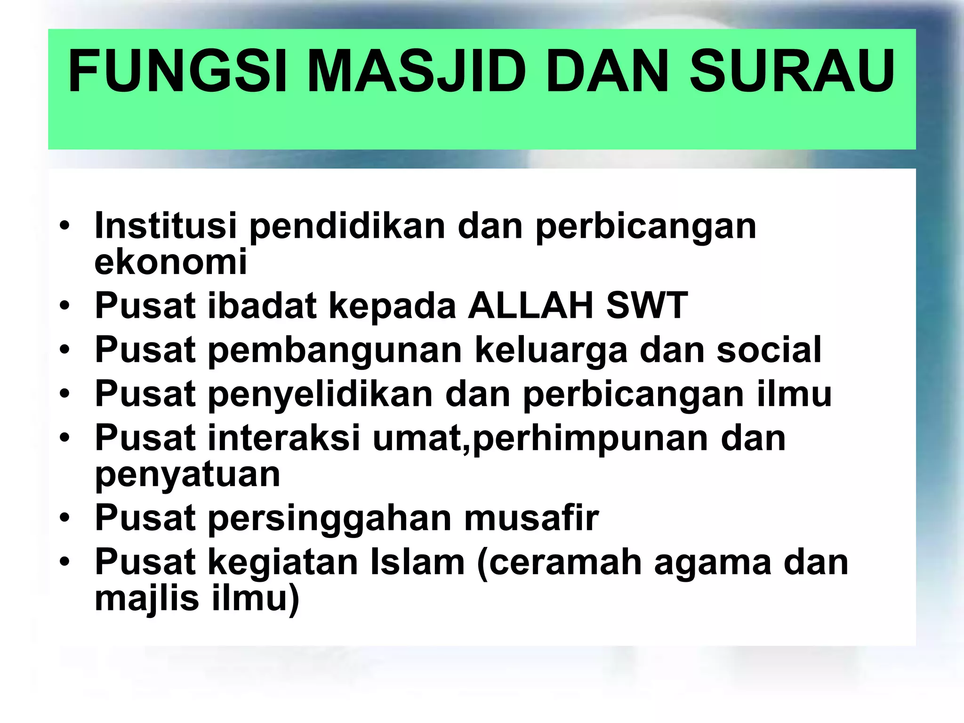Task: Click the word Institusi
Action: pos(166,225)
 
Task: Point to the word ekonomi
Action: pos(170,262)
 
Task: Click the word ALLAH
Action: pos(531,305)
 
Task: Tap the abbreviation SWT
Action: pos(647,305)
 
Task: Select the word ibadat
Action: pos(262,305)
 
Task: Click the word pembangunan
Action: pos(335,350)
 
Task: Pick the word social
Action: pos(769,350)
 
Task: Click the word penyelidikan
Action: pos(320,394)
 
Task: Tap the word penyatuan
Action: pos(187,474)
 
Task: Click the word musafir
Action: pos(531,517)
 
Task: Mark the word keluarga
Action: pos(551,350)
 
